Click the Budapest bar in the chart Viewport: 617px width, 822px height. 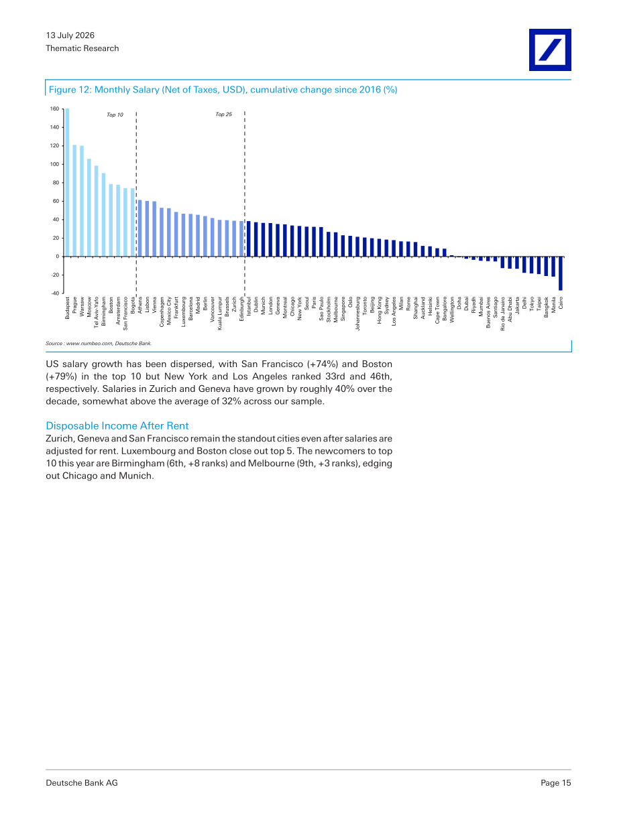(x=67, y=182)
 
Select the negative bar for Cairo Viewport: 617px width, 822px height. (x=560, y=273)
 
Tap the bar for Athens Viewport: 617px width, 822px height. (x=139, y=228)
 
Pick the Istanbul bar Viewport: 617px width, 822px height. (x=249, y=239)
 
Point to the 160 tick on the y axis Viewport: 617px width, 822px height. (x=55, y=109)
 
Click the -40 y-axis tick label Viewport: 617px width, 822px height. (x=55, y=293)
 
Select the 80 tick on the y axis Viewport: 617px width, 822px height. (x=56, y=183)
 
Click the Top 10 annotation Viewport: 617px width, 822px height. (x=115, y=115)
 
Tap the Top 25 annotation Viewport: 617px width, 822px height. (x=223, y=114)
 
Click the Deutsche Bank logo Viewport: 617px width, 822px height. (x=550, y=50)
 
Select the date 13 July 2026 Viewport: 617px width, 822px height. (x=70, y=36)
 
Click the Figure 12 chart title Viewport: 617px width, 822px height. (x=223, y=90)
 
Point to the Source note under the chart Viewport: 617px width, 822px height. (x=99, y=344)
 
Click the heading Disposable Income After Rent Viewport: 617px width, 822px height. (x=117, y=426)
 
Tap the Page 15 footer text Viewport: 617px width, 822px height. (x=555, y=782)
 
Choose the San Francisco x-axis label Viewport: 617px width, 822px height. (x=125, y=314)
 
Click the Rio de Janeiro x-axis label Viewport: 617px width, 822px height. (x=503, y=314)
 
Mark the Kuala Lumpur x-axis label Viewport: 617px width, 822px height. (x=220, y=314)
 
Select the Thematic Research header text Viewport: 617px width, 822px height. (x=82, y=48)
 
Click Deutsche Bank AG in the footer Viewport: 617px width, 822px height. (x=82, y=782)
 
